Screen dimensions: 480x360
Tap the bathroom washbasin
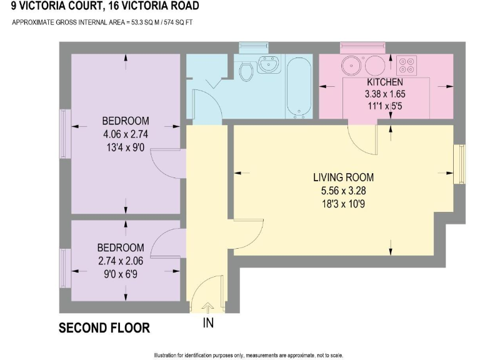(269, 64)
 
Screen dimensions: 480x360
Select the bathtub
(299, 87)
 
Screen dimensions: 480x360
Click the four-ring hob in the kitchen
(406, 65)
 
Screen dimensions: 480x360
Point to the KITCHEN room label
(385, 82)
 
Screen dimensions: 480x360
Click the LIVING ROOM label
(344, 177)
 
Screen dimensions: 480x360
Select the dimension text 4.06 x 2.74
(125, 134)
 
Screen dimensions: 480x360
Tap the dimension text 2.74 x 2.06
(121, 261)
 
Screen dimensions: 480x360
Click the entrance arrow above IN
(208, 307)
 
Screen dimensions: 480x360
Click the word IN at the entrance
(208, 322)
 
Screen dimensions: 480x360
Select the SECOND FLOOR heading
(104, 328)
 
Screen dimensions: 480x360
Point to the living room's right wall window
(459, 164)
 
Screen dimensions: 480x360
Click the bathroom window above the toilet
(254, 48)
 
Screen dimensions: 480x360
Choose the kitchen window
(362, 48)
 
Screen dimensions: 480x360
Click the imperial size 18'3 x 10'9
(344, 204)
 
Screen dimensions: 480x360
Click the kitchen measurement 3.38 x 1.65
(385, 94)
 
